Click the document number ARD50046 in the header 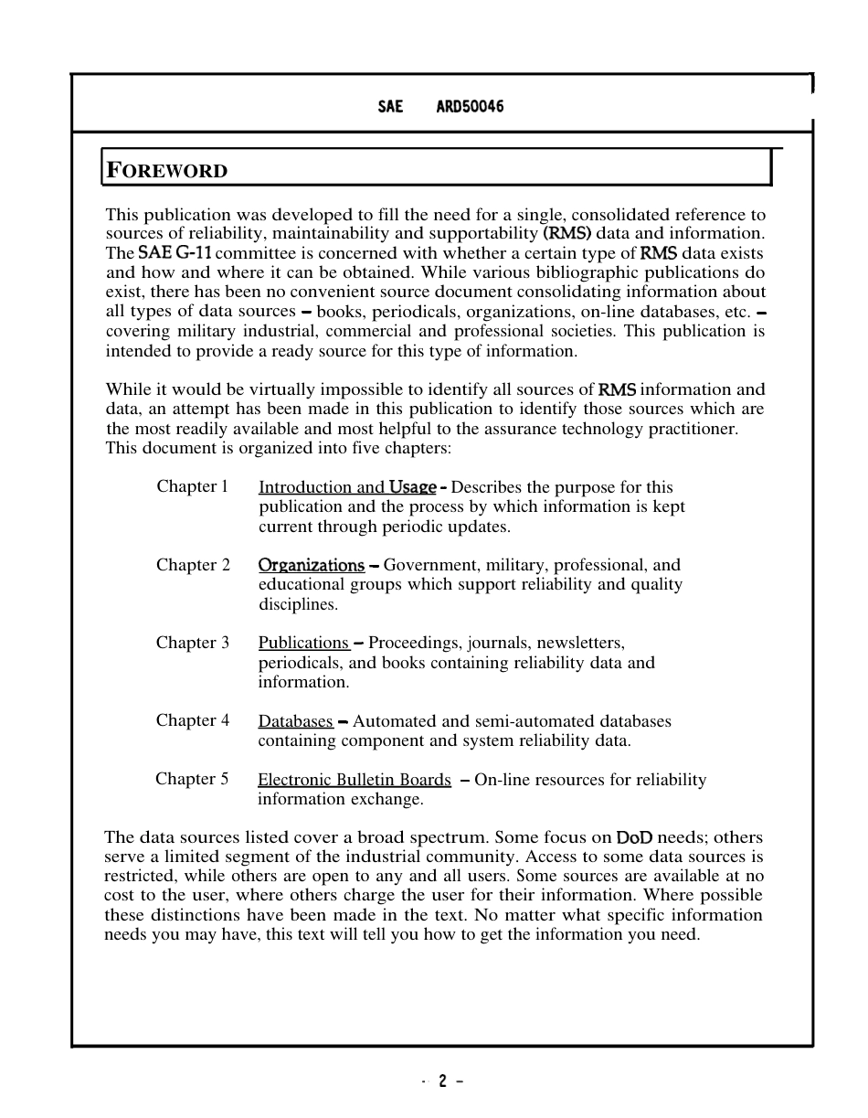[469, 107]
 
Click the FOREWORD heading [167, 170]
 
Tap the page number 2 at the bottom [442, 1081]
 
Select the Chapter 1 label [192, 486]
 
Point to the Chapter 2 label [193, 565]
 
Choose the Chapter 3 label [193, 643]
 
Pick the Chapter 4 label [193, 720]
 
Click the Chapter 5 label [192, 779]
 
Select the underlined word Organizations [312, 565]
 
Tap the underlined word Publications [303, 643]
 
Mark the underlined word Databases [295, 721]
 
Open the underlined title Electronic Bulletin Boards [355, 780]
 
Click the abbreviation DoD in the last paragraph [635, 837]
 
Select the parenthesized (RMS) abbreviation [567, 233]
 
